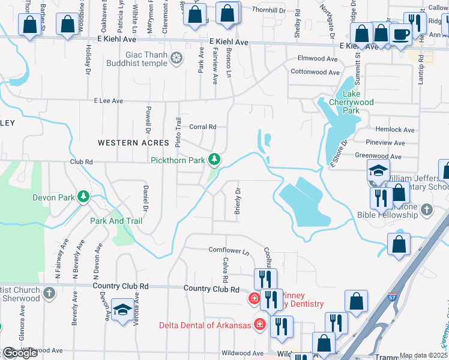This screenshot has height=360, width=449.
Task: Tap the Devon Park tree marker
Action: coord(83,197)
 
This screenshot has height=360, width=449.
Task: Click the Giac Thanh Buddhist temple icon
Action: coord(176,58)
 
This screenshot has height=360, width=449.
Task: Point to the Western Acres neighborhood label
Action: coord(124,143)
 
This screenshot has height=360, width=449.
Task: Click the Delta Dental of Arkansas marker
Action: coord(260,325)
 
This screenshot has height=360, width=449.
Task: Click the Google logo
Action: coord(20,353)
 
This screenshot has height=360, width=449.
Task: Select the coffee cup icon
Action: coord(400,34)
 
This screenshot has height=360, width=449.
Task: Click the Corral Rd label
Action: coord(202,127)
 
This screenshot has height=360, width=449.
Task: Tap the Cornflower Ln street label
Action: coord(229,250)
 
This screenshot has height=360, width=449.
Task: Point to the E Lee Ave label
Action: coord(108,101)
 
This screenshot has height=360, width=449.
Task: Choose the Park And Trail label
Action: coord(116,221)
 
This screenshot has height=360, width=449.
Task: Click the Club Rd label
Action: coord(82,161)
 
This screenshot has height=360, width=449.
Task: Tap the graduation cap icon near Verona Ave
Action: coord(122,310)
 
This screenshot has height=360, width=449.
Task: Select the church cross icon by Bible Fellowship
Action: coord(426,209)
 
